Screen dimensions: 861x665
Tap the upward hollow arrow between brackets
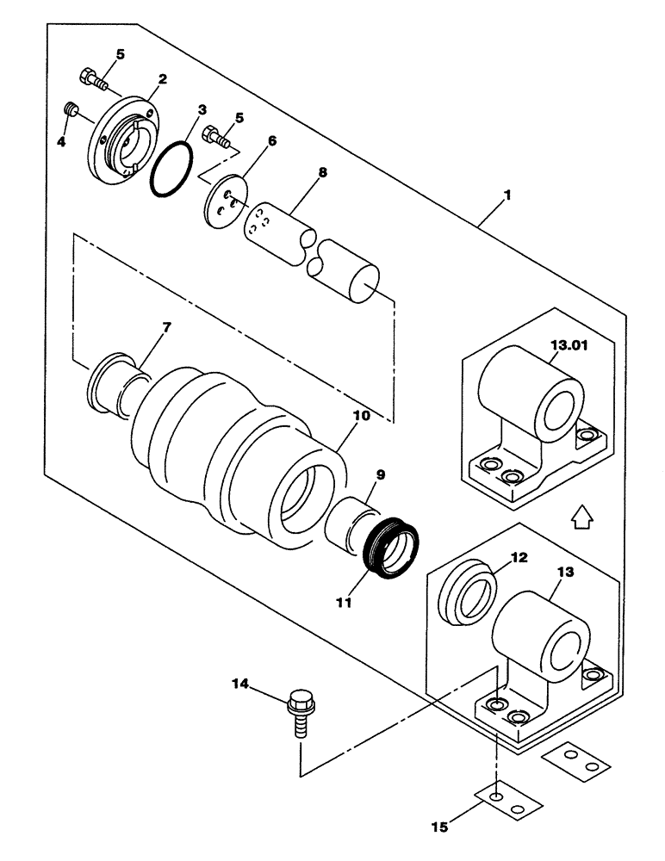pos(581,516)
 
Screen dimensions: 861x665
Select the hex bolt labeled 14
pos(301,708)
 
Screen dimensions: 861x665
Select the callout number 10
pos(361,415)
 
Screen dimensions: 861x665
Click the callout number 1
pos(507,196)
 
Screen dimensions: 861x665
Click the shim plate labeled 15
pos(509,800)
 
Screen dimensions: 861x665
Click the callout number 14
pos(240,684)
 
